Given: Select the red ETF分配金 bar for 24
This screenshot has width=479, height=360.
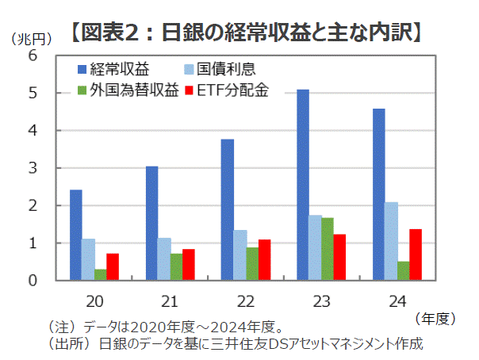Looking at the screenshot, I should pyautogui.click(x=415, y=255).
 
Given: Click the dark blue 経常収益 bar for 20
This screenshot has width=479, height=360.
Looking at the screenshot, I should pyautogui.click(x=76, y=236).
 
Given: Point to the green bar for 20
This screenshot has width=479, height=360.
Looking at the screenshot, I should pyautogui.click(x=100, y=274).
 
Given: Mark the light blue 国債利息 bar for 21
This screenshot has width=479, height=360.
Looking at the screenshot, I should pyautogui.click(x=164, y=259).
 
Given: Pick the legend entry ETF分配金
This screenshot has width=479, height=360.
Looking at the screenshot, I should pyautogui.click(x=226, y=90).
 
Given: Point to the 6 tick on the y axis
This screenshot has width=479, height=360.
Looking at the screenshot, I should pyautogui.click(x=33, y=56).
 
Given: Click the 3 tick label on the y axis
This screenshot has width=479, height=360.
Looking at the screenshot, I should pyautogui.click(x=33, y=168).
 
